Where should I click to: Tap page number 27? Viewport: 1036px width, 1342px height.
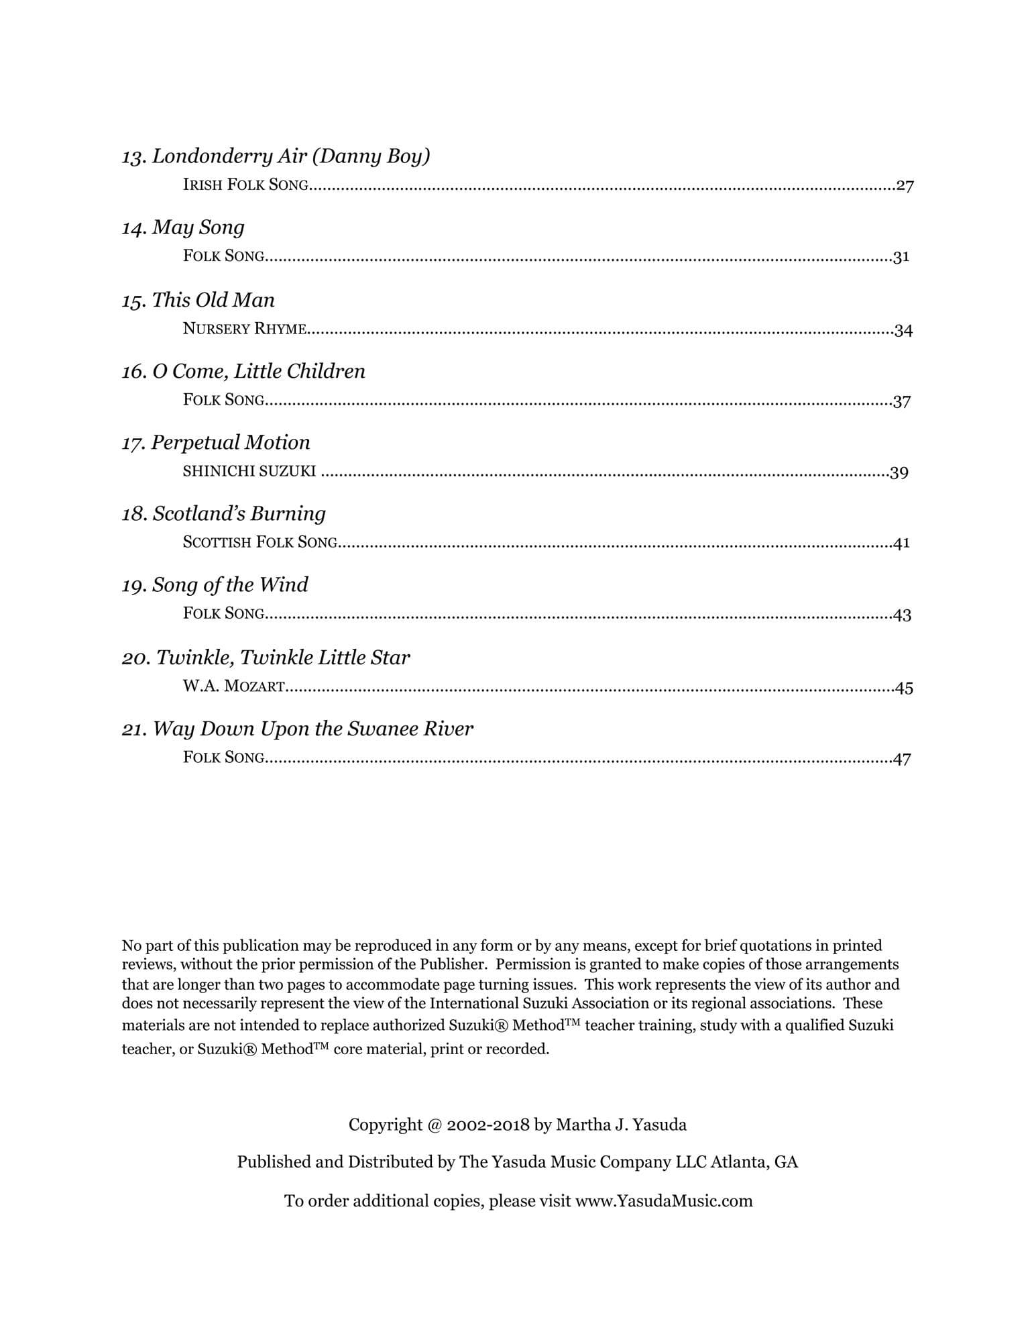(905, 186)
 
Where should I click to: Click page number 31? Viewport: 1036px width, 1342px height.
(901, 257)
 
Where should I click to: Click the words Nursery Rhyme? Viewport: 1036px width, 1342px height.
(245, 329)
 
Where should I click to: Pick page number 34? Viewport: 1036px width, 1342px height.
(903, 330)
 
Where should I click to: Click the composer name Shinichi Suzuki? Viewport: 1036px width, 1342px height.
(249, 471)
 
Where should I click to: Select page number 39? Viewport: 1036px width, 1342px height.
(899, 473)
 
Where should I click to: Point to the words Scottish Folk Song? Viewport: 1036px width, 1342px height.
(260, 542)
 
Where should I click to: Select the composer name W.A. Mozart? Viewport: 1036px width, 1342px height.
(233, 686)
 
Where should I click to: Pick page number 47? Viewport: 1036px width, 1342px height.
(902, 759)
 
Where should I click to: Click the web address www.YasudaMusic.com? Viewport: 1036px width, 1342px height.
(664, 1201)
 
